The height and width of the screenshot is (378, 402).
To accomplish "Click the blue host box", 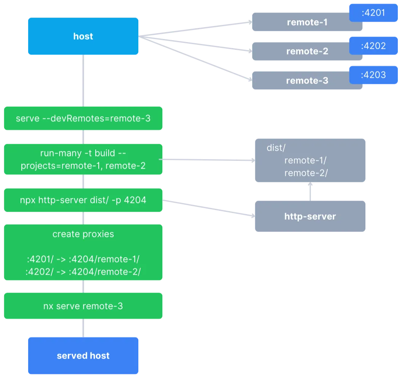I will point(83,37).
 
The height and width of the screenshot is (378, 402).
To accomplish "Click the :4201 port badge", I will point(373,13).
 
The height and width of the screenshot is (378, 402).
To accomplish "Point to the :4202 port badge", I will point(373,46).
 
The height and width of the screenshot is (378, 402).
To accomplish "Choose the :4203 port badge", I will point(373,75).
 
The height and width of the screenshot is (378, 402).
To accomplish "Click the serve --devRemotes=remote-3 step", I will point(83,119).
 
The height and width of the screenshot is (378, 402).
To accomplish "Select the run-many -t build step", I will point(83,159).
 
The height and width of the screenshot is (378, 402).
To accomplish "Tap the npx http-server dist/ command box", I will point(83,200).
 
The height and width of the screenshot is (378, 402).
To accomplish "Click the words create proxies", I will point(83,234).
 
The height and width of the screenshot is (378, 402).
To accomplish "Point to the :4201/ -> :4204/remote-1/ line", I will point(83,259).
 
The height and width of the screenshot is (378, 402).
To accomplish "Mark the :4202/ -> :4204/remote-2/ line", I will point(83,272).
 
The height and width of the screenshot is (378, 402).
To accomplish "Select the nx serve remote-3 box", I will point(83,306).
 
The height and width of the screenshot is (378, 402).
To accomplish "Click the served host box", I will point(83,355).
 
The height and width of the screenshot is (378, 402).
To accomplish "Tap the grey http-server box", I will point(309,216).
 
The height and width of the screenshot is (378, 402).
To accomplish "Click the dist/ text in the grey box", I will point(274,148).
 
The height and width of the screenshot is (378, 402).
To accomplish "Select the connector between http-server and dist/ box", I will point(309,191).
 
